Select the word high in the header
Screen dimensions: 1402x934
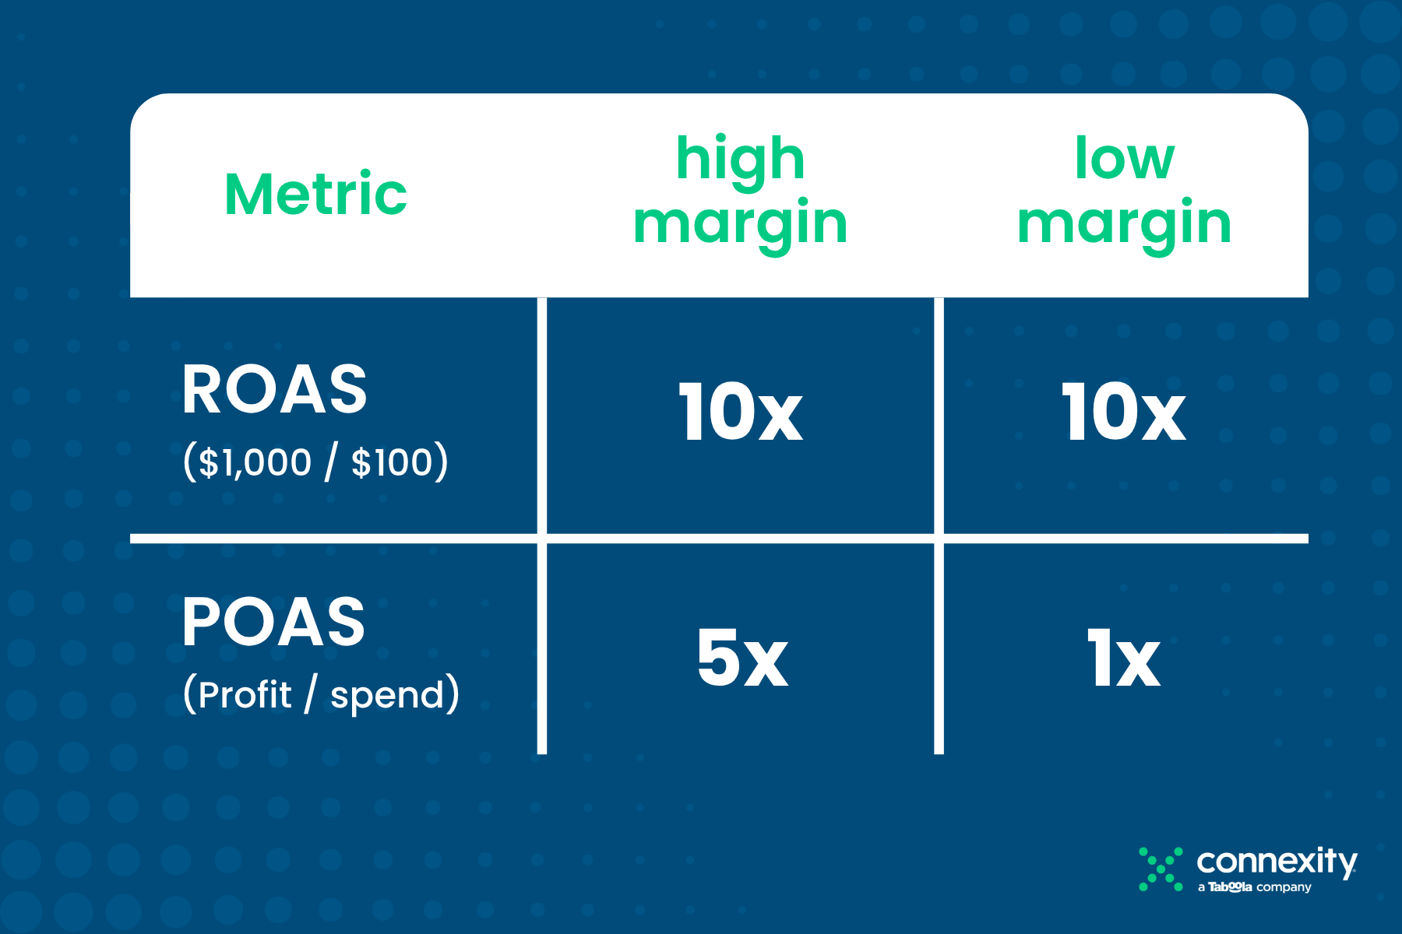740,160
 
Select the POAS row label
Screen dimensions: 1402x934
273,622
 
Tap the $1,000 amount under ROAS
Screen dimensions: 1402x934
255,462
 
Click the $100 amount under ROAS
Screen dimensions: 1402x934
392,462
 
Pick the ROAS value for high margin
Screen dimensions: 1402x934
740,413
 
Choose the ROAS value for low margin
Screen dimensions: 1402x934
1124,413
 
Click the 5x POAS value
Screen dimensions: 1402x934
742,658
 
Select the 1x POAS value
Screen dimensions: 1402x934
1124,658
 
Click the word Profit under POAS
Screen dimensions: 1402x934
245,694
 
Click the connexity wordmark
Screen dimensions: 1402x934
1277,862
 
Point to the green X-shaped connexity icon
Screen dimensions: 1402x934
1161,869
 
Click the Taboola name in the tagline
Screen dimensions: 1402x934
1230,887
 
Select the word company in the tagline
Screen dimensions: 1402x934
1284,888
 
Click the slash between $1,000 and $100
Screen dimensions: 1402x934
332,462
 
